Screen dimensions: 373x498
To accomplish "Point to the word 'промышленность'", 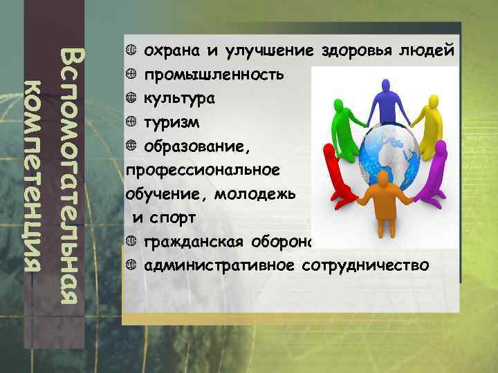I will [214, 75].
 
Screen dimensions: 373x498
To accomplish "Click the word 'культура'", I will [178, 99].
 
